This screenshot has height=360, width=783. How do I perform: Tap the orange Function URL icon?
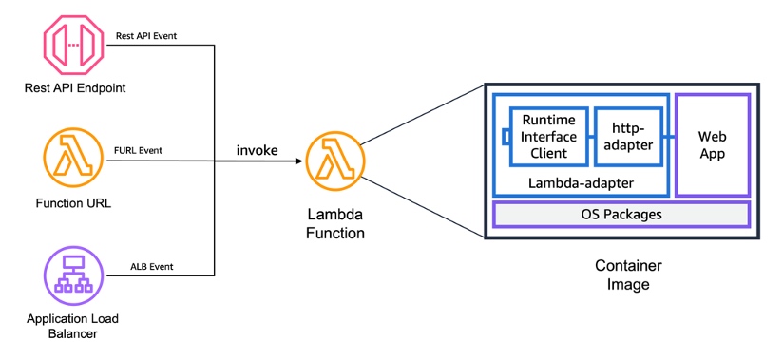(x=72, y=158)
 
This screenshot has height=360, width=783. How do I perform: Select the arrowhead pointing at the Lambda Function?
(x=298, y=161)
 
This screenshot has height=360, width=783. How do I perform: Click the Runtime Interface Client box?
(x=549, y=136)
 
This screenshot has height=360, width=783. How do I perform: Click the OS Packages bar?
(x=621, y=215)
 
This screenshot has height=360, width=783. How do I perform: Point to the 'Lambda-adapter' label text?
(x=580, y=180)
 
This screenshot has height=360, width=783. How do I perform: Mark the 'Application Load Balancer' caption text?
(x=72, y=326)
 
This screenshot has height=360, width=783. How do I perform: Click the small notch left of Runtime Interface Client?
(x=507, y=136)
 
